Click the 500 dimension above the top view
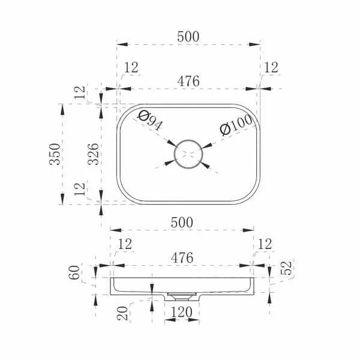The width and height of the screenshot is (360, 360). click(x=188, y=37)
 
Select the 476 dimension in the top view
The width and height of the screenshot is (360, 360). click(x=188, y=81)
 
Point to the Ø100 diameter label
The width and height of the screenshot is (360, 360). click(x=236, y=125)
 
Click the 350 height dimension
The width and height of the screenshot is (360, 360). click(x=55, y=154)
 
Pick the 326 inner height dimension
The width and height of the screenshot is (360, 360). click(x=93, y=154)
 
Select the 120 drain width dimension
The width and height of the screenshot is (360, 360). click(x=181, y=312)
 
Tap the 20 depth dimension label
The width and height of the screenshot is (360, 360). click(x=122, y=313)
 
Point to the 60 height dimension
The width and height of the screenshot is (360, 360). click(x=74, y=272)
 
